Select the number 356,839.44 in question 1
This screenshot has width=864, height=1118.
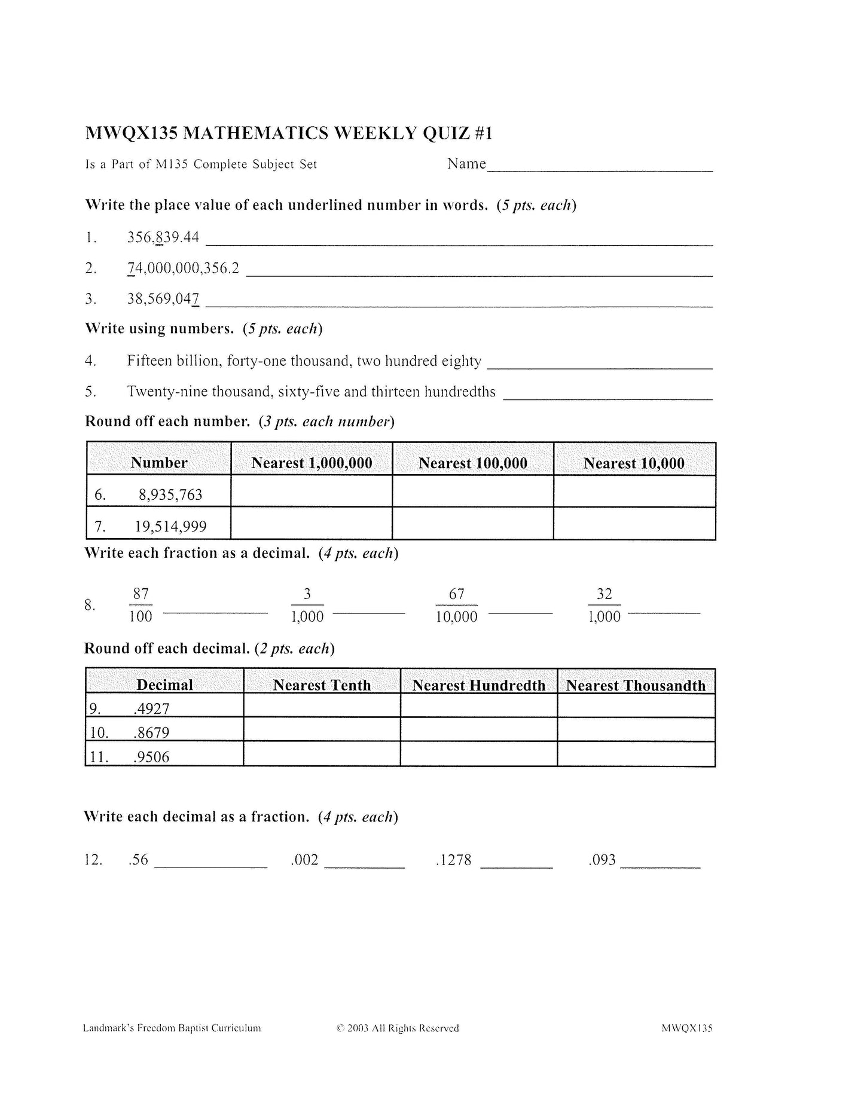(163, 237)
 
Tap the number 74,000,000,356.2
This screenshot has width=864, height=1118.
(183, 268)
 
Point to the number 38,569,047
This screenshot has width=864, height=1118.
(163, 298)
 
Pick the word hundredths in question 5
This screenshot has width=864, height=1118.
(460, 392)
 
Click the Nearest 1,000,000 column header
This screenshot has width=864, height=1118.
(312, 463)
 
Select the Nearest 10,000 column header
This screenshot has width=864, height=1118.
(634, 463)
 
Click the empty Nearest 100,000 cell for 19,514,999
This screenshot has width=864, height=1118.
(472, 524)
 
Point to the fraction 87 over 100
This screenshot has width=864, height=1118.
(141, 605)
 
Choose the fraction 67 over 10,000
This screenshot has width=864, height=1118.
(456, 605)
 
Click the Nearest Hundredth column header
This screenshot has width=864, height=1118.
(478, 685)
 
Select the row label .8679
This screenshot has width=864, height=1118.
(152, 732)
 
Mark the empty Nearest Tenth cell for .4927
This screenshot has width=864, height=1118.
(322, 706)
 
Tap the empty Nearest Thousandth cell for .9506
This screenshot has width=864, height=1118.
(636, 755)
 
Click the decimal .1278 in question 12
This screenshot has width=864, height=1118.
(454, 860)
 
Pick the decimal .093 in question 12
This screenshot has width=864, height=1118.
(602, 860)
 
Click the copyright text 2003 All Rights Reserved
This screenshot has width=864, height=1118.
(398, 1028)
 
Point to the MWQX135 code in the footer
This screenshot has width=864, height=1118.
(686, 1028)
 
